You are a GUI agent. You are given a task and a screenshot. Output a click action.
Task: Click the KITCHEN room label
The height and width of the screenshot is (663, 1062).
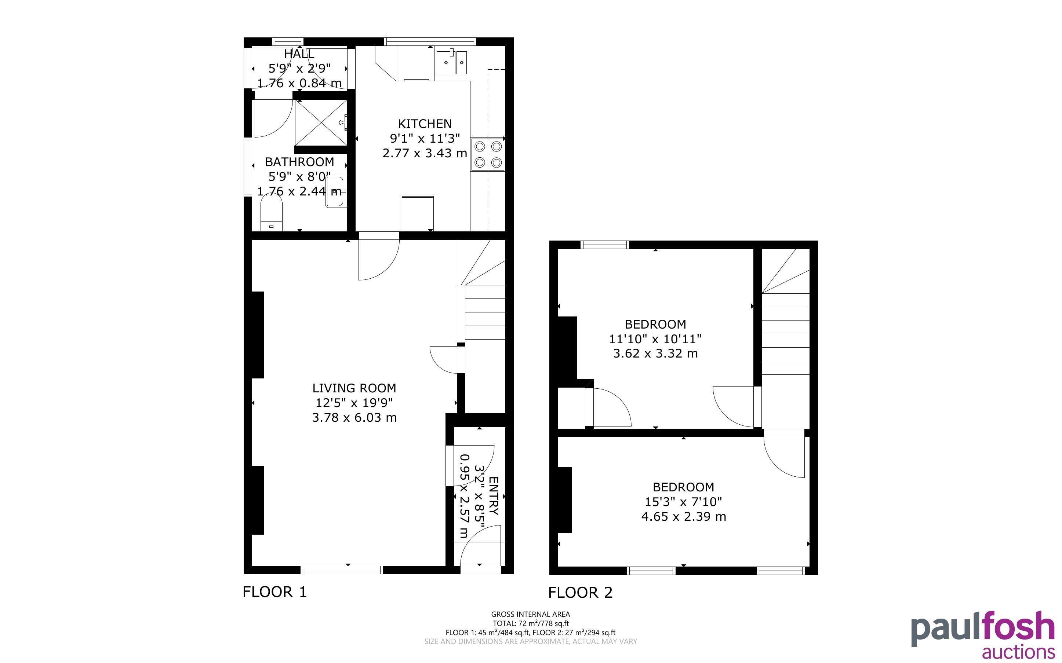(425, 124)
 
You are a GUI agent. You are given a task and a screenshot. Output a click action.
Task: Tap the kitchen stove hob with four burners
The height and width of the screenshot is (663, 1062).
(488, 154)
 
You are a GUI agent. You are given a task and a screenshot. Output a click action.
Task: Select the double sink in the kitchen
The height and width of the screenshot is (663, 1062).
(451, 62)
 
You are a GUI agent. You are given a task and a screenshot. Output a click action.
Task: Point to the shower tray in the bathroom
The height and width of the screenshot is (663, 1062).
(321, 122)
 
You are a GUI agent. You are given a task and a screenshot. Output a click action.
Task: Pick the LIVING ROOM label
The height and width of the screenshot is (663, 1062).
(354, 388)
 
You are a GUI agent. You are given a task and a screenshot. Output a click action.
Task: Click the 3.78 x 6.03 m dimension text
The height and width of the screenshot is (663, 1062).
(354, 417)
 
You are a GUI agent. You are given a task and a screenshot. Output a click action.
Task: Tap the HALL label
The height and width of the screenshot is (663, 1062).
(299, 54)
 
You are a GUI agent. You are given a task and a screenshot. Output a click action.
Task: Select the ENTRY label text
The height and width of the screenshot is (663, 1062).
(494, 496)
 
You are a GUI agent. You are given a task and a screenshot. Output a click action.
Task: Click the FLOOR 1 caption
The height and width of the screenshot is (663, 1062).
(274, 592)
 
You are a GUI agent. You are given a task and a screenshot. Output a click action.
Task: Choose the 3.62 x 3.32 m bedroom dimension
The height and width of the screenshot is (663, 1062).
(655, 354)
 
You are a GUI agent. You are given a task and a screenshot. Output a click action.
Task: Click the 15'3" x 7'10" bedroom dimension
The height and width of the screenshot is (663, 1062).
(683, 502)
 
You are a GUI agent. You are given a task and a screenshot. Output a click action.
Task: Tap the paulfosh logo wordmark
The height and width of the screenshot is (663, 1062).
(983, 629)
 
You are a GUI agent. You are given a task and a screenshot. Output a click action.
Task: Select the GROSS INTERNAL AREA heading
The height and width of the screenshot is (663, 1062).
(530, 614)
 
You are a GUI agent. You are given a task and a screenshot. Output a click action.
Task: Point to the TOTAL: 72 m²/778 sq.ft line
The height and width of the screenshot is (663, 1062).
(530, 623)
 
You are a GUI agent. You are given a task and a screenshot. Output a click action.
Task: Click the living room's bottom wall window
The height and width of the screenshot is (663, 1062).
(342, 570)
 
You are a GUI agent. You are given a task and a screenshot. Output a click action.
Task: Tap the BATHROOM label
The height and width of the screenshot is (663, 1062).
(299, 162)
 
